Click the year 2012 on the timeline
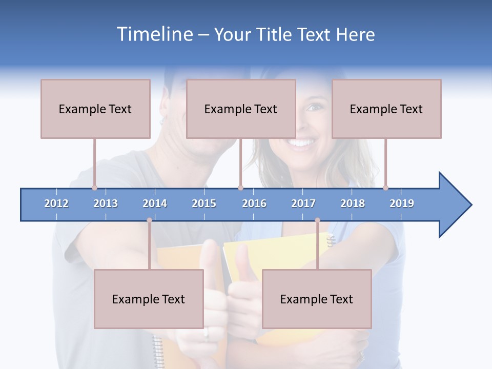pyautogui.click(x=56, y=203)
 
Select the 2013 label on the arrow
pyautogui.click(x=106, y=203)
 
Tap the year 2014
pyautogui.click(x=155, y=203)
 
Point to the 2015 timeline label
pyautogui.click(x=204, y=203)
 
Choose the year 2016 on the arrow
pyautogui.click(x=254, y=203)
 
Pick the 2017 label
pyautogui.click(x=303, y=203)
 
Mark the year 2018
pyautogui.click(x=353, y=203)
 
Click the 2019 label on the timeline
pyautogui.click(x=402, y=203)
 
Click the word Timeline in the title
pyautogui.click(x=154, y=34)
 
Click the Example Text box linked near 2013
pyautogui.click(x=95, y=109)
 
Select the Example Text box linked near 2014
pyautogui.click(x=149, y=299)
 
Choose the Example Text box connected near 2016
pyautogui.click(x=241, y=109)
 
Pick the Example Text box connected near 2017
pyautogui.click(x=317, y=299)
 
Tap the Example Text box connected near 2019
pyautogui.click(x=386, y=109)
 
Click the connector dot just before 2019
pyautogui.click(x=385, y=188)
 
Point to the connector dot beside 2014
pyautogui.click(x=149, y=220)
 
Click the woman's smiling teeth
pyautogui.click(x=303, y=142)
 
